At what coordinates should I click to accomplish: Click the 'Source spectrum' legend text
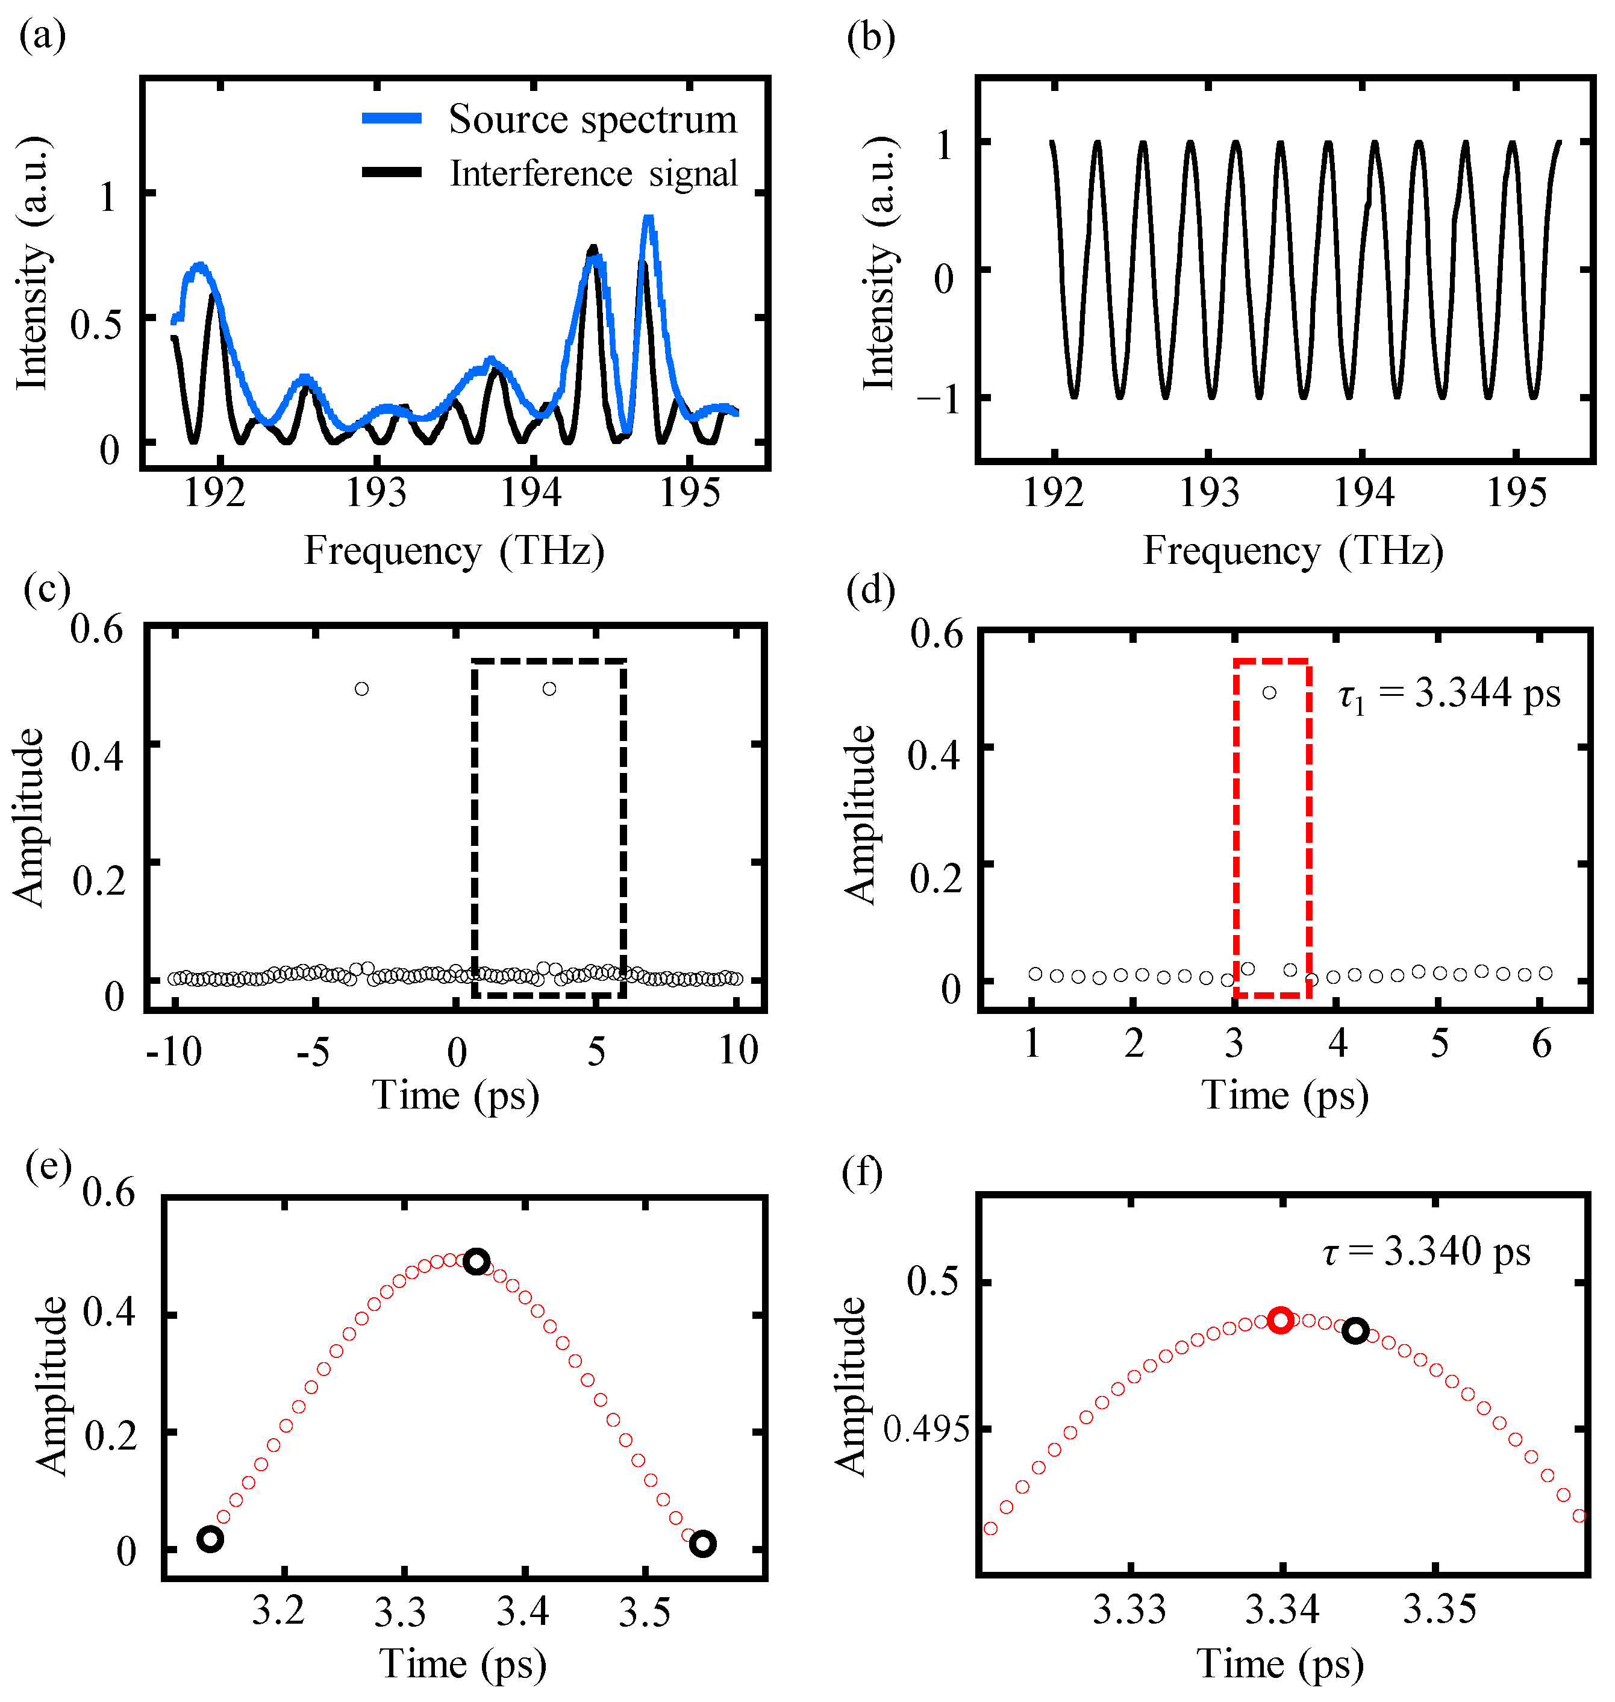tap(592, 120)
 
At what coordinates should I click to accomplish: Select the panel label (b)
tap(870, 39)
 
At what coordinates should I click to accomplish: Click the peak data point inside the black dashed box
tap(549, 689)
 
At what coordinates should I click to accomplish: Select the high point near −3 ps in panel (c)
tap(361, 689)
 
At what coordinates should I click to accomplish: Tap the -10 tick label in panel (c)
tap(174, 1051)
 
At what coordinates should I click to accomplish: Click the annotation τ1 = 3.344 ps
tap(1449, 694)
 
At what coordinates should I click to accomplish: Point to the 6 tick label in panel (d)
tap(1541, 1044)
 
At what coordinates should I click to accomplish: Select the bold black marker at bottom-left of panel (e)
tap(210, 1539)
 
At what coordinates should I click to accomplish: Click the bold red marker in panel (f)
tap(1280, 1321)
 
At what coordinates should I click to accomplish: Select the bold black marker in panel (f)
tap(1355, 1330)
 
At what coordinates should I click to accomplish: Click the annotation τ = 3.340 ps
tap(1426, 1252)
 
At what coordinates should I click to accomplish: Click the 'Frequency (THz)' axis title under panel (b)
tap(1293, 551)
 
